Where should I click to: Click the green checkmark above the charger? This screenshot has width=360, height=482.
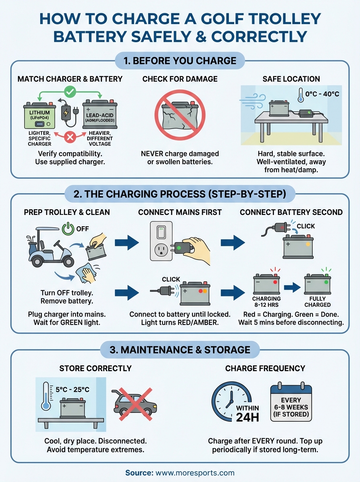click(70, 92)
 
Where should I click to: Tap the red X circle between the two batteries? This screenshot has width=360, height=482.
click(70, 137)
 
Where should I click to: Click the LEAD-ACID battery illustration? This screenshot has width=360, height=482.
click(100, 114)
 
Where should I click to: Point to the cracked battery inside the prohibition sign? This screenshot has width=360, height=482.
click(180, 114)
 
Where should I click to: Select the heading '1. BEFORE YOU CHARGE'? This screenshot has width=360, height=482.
click(180, 61)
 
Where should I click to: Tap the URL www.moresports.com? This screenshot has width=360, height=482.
click(194, 473)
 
